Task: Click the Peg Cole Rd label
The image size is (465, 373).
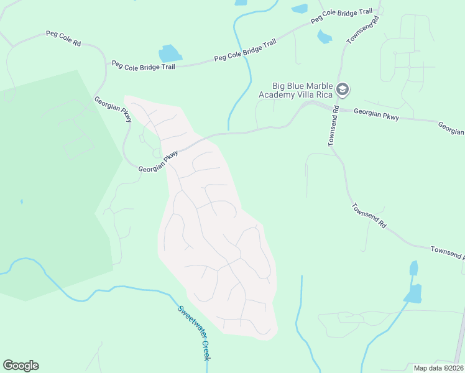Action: coord(63,38)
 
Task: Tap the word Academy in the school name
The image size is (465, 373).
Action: coord(278,94)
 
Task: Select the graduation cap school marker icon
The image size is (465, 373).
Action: coord(342,90)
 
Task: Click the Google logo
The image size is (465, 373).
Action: coord(21,365)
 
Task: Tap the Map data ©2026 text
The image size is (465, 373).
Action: coord(438,368)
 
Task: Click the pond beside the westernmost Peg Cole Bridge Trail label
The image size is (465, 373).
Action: coord(170,53)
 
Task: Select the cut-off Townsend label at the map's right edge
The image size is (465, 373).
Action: coord(447,252)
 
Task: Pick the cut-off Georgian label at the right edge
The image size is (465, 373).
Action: coord(451,128)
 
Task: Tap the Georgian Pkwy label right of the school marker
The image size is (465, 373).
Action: coord(376,114)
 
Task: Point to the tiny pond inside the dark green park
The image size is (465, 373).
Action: coord(21,201)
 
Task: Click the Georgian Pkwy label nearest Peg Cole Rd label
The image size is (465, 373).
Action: coord(113,109)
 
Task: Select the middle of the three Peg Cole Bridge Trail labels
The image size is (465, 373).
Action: coord(244,51)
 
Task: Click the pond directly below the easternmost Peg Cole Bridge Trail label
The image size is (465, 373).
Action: coord(325,37)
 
